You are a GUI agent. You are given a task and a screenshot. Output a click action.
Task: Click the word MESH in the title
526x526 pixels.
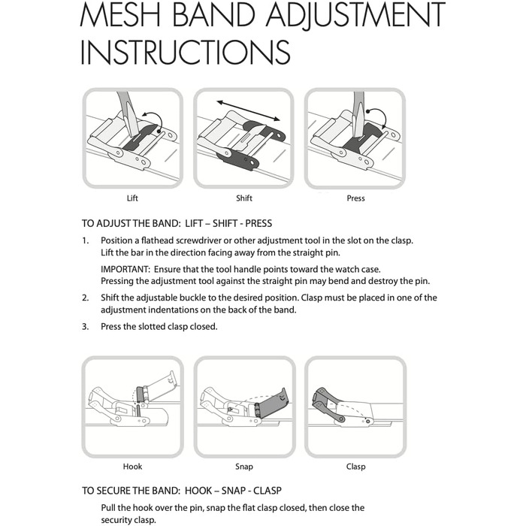(x=120, y=14)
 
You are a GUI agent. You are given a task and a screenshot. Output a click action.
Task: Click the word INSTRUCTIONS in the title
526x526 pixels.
(x=185, y=52)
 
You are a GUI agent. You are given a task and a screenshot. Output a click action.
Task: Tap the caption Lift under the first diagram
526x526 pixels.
(x=132, y=198)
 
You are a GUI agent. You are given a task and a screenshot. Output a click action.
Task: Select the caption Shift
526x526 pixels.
(x=244, y=198)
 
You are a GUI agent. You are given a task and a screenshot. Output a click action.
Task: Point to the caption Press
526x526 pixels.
(x=355, y=198)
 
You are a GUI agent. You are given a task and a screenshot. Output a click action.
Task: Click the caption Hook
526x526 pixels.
(x=132, y=467)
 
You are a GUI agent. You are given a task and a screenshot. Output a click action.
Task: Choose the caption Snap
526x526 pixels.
(x=244, y=467)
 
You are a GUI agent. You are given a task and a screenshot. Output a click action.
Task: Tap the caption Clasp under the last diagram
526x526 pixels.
(x=355, y=467)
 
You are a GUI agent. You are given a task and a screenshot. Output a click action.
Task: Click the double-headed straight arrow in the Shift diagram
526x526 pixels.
(x=248, y=110)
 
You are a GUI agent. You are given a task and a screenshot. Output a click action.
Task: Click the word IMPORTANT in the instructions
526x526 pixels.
(x=125, y=269)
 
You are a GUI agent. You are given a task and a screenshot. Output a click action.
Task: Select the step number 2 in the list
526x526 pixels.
(x=85, y=298)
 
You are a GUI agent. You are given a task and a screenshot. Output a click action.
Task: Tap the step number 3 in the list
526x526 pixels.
(x=85, y=327)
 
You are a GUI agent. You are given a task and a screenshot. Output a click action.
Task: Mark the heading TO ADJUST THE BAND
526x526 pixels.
(x=131, y=223)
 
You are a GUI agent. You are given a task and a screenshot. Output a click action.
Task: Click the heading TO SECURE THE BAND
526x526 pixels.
(x=131, y=491)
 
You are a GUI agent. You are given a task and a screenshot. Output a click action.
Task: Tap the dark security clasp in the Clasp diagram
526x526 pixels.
(x=327, y=403)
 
